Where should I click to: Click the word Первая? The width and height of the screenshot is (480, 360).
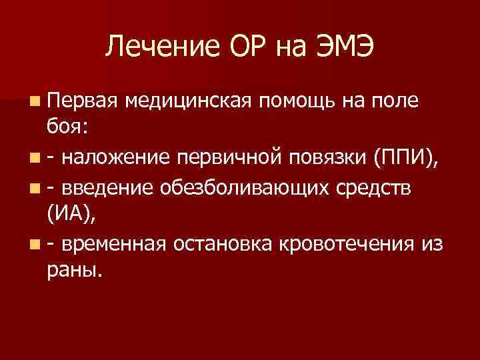pos(81,101)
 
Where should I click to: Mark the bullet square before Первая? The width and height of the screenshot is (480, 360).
pos(34,101)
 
